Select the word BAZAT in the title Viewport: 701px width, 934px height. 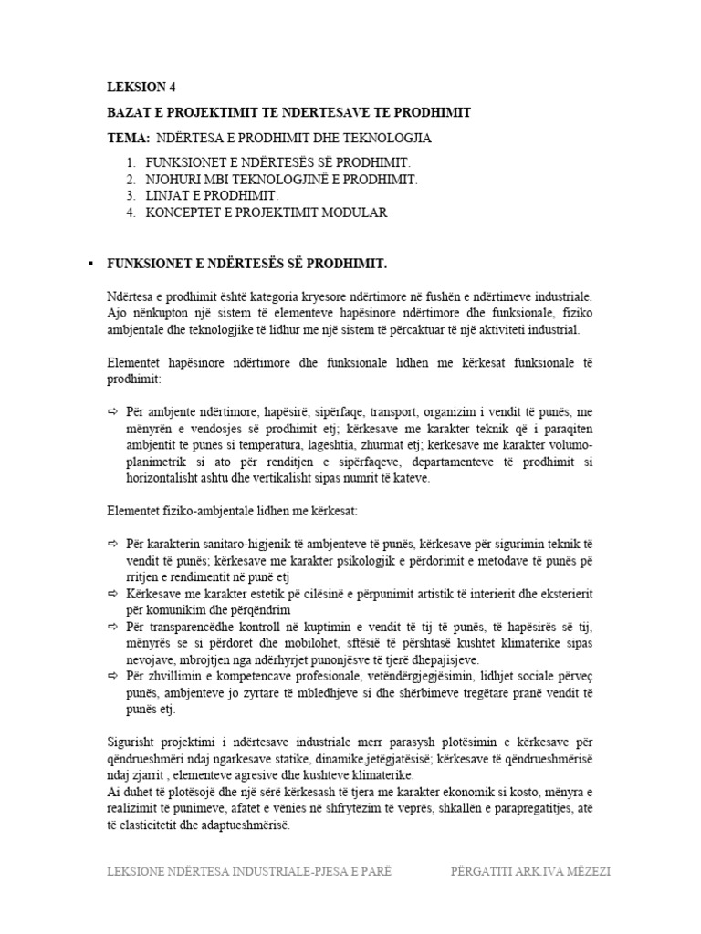pyautogui.click(x=130, y=112)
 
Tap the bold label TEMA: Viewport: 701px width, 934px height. pyautogui.click(x=128, y=138)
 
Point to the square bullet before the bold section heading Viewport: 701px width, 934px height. pyautogui.click(x=89, y=264)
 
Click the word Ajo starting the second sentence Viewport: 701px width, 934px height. pyautogui.click(x=117, y=313)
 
